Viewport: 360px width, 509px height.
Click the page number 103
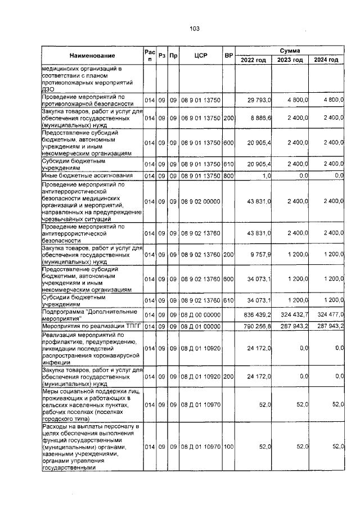click(195, 29)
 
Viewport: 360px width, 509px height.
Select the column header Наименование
click(92, 56)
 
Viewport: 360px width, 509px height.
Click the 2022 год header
click(254, 60)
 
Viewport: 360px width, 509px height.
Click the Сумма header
click(290, 51)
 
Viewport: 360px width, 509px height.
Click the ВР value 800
click(228, 176)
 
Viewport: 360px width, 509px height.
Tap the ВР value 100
click(228, 447)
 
